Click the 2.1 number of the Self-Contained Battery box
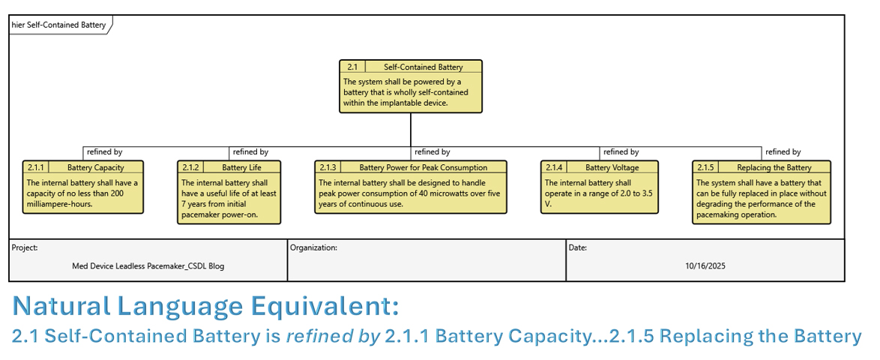pos(352,67)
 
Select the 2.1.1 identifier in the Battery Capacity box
pos(36,167)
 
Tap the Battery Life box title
pos(241,167)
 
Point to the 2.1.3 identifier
pos(328,167)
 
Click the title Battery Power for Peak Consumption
pos(423,167)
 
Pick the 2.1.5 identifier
pos(705,167)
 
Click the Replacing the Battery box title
pos(774,167)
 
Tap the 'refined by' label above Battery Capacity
pos(104,152)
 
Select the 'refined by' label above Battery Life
pos(250,152)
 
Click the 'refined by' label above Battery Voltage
pos(621,152)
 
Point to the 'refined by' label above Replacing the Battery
pos(783,152)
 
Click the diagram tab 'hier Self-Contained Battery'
pos(58,25)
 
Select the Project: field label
pos(25,247)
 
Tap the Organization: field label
pos(313,247)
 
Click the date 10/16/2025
pos(705,265)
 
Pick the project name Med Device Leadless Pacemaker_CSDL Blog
pos(148,265)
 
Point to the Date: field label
pos(578,247)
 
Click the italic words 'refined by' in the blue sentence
pos(333,337)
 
